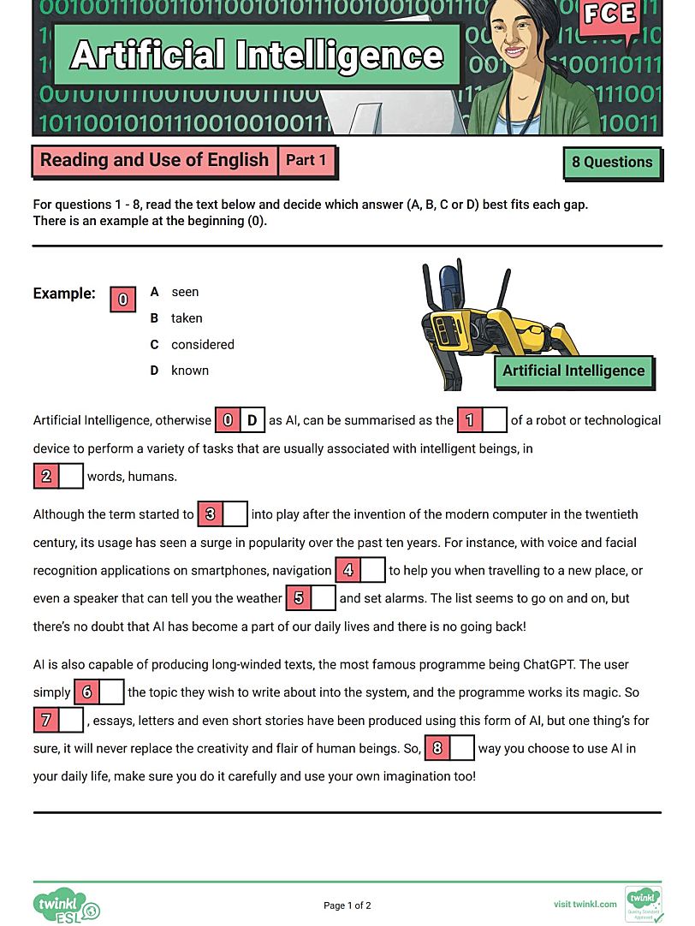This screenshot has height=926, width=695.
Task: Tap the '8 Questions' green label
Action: click(x=612, y=163)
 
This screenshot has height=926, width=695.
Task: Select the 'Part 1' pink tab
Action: click(x=306, y=160)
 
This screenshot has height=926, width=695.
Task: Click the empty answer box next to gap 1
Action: click(x=495, y=420)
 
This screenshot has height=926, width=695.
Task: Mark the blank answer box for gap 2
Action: click(x=71, y=476)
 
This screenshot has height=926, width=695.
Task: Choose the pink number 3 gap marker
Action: click(x=211, y=514)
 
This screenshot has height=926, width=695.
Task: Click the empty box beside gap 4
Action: click(x=372, y=570)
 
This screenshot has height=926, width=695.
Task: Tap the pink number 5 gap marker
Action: click(x=298, y=598)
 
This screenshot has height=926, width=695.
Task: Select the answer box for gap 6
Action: click(x=112, y=692)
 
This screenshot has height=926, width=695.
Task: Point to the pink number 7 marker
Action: click(x=46, y=720)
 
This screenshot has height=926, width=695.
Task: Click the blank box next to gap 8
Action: click(x=461, y=748)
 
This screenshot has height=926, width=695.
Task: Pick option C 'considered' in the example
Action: click(x=202, y=345)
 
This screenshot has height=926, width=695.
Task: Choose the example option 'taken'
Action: click(x=187, y=318)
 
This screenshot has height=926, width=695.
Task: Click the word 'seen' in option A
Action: click(x=185, y=292)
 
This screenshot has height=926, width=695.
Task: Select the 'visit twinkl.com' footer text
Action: click(x=585, y=904)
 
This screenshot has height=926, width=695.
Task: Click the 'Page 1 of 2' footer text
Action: click(x=347, y=905)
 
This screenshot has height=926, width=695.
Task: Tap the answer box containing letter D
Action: click(x=252, y=420)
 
